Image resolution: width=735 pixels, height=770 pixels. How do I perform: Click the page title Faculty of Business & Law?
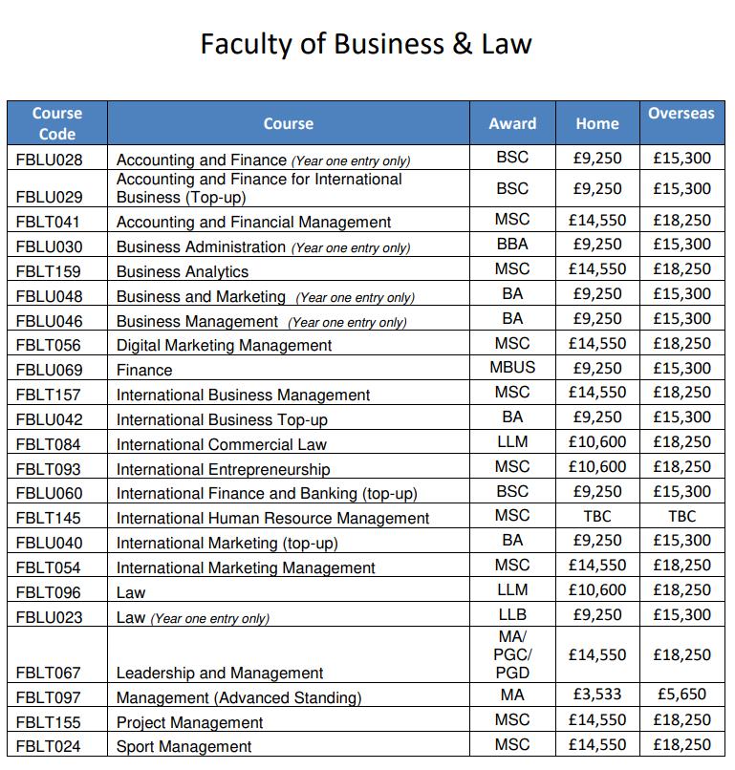click(366, 44)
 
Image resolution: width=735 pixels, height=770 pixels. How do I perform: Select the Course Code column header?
click(57, 123)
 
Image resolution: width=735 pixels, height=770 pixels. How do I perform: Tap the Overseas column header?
click(681, 113)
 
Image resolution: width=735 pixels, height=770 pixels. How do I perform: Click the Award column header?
click(512, 123)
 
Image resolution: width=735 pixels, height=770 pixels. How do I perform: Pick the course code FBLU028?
click(50, 160)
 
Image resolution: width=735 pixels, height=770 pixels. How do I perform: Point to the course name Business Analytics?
click(175, 271)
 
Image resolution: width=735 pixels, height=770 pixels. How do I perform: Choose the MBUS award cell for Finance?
click(512, 368)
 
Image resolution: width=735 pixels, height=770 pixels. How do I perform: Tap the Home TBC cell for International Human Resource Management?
click(597, 517)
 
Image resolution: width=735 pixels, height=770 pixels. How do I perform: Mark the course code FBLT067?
click(50, 674)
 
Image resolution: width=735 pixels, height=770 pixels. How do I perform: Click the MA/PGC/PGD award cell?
click(512, 654)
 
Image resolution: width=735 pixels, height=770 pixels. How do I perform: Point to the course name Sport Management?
click(184, 746)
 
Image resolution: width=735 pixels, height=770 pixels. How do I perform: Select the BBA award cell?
click(512, 245)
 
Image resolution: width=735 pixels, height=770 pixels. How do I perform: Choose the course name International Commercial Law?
click(221, 443)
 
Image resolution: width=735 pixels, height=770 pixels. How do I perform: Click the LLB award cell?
click(512, 614)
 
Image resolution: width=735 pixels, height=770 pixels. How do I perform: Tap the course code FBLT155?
click(50, 722)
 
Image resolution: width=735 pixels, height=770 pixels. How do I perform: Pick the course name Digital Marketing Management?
click(224, 345)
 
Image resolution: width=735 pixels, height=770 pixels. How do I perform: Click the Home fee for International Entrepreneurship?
click(597, 467)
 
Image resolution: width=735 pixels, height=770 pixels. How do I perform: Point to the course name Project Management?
click(189, 722)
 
